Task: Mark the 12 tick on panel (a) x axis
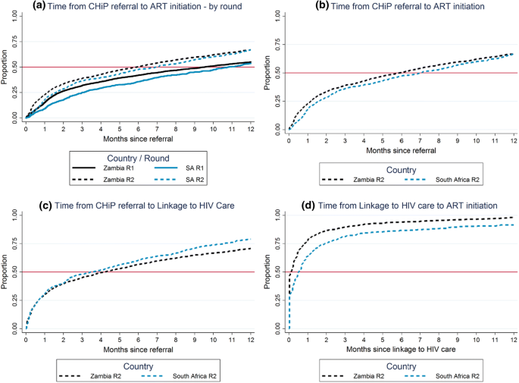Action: coord(252,129)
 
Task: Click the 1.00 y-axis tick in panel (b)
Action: coord(278,14)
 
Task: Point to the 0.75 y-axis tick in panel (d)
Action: coord(278,243)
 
